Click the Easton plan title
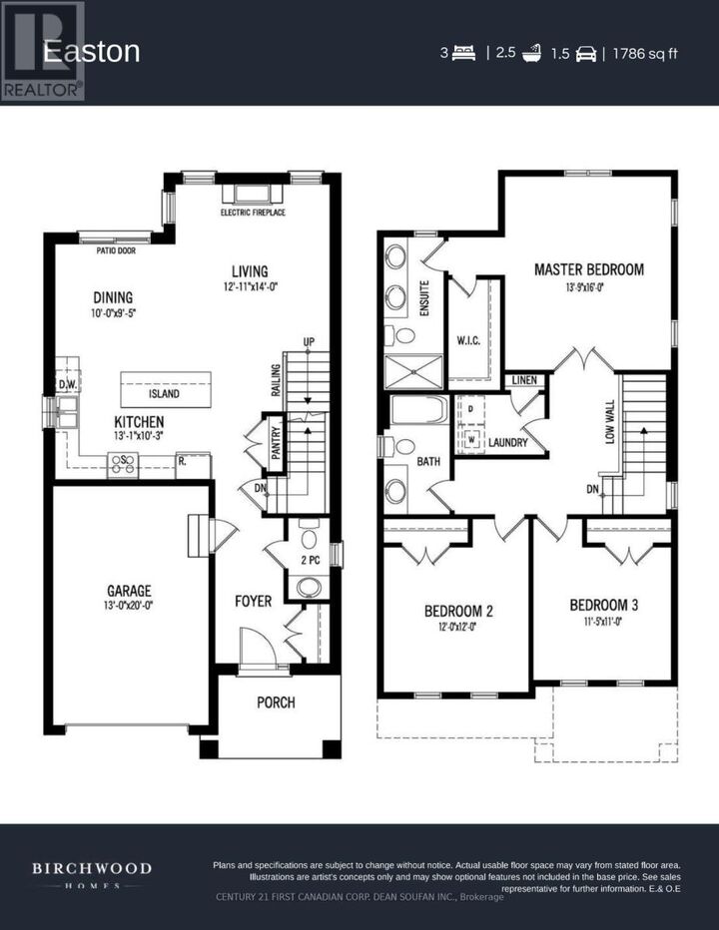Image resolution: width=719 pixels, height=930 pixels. coord(91,52)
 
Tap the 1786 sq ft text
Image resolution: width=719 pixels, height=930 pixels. coord(644,53)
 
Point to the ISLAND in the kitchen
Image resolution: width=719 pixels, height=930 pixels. coord(165,393)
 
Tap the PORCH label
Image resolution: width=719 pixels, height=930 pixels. coord(276,702)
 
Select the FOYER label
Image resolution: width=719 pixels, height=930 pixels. coord(253,601)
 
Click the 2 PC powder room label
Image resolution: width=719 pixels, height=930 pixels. coord(310,561)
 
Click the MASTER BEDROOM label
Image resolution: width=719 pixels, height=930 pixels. coord(588,268)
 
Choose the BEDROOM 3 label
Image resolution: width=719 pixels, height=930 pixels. coord(603,605)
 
